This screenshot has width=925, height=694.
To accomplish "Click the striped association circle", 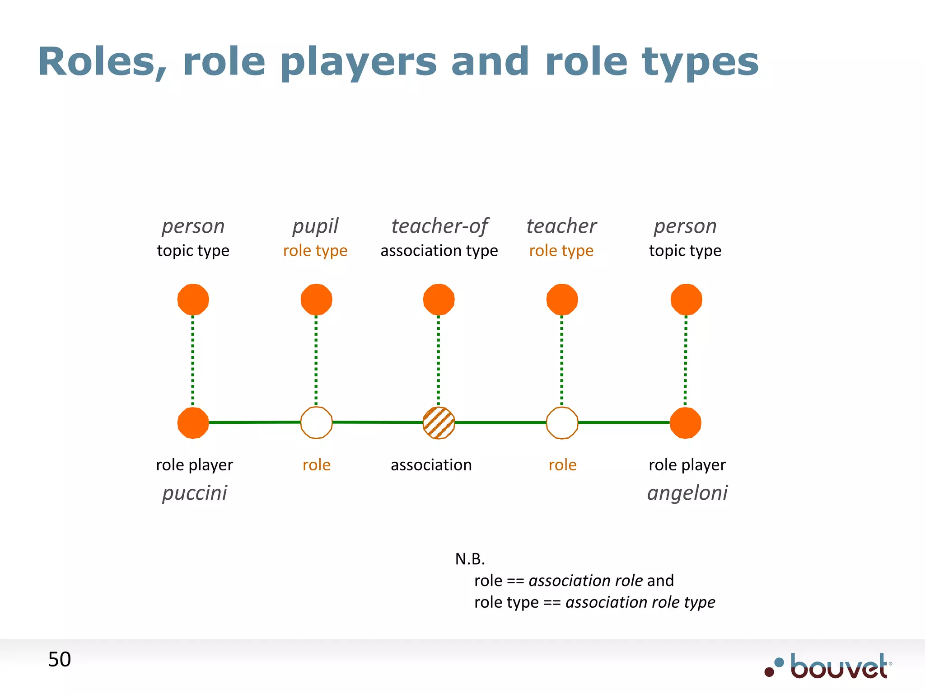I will [x=439, y=423].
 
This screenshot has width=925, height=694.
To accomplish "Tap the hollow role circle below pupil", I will [x=316, y=423].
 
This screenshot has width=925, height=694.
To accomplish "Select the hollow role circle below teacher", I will [x=562, y=423].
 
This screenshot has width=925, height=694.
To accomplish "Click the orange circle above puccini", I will [x=193, y=423].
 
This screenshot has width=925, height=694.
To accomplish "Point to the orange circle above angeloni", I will [x=686, y=423].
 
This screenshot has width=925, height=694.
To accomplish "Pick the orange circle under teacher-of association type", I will [x=439, y=299].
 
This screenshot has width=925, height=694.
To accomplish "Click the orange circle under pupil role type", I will [x=316, y=299].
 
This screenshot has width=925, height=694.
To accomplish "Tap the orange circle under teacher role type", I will [x=562, y=299].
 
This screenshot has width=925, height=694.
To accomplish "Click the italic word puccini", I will [x=195, y=493].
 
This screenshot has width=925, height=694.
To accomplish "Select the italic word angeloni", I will [x=687, y=493].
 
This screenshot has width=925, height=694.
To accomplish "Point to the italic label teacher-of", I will [x=439, y=226].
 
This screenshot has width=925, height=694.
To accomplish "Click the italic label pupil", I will [x=315, y=226].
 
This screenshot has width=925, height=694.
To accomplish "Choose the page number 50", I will [x=60, y=660].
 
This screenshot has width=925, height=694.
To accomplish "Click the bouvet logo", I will [x=829, y=666].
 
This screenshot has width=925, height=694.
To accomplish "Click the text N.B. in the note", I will [x=470, y=559].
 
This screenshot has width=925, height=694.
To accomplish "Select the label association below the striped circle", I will [x=431, y=465].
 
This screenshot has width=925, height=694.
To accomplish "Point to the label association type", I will [x=439, y=251].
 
